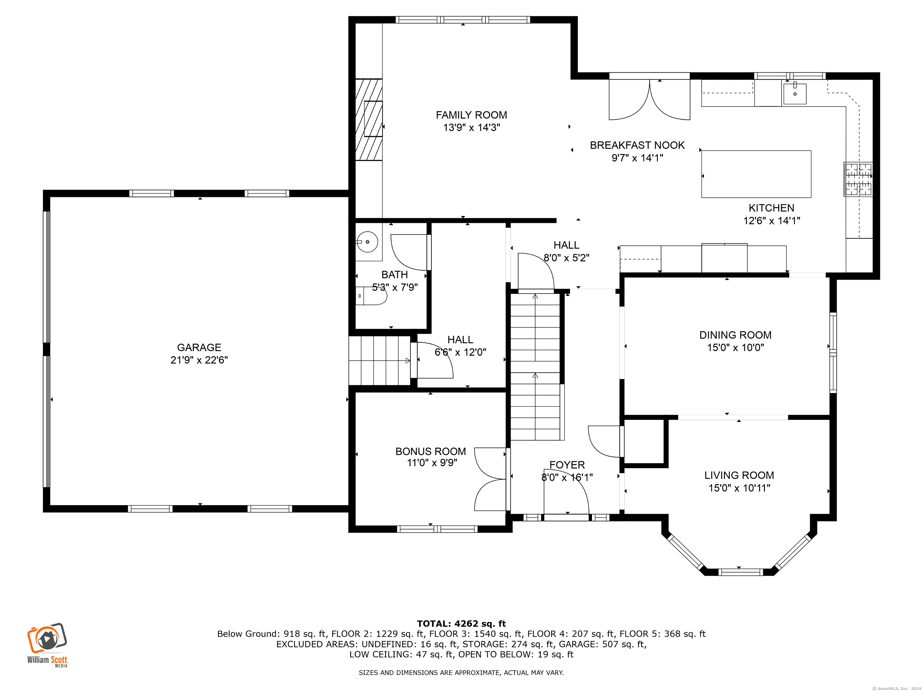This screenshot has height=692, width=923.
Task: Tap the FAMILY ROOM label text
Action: pyautogui.click(x=471, y=115)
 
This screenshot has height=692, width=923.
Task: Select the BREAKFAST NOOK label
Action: pyautogui.click(x=637, y=145)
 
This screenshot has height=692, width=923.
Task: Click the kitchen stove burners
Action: pyautogui.click(x=858, y=179)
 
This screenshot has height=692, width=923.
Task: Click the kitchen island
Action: pyautogui.click(x=756, y=174)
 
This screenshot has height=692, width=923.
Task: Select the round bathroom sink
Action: pyautogui.click(x=367, y=242)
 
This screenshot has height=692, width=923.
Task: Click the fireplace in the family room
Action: pyautogui.click(x=369, y=119)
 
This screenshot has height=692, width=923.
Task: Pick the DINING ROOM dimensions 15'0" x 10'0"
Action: pyautogui.click(x=735, y=348)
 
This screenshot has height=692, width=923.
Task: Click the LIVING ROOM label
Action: pyautogui.click(x=739, y=475)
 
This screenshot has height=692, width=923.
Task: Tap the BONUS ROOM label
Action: pyautogui.click(x=431, y=451)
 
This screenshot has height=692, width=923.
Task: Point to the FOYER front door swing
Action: pyautogui.click(x=566, y=496)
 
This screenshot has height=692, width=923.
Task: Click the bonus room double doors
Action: pyautogui.click(x=491, y=479)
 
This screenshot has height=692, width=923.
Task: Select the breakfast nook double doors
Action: pyautogui.click(x=649, y=100)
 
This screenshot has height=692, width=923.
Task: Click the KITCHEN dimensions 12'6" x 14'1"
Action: pyautogui.click(x=772, y=221)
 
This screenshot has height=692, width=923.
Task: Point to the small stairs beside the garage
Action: pyautogui.click(x=380, y=361)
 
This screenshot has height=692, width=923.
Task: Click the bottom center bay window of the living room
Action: pyautogui.click(x=741, y=572)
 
